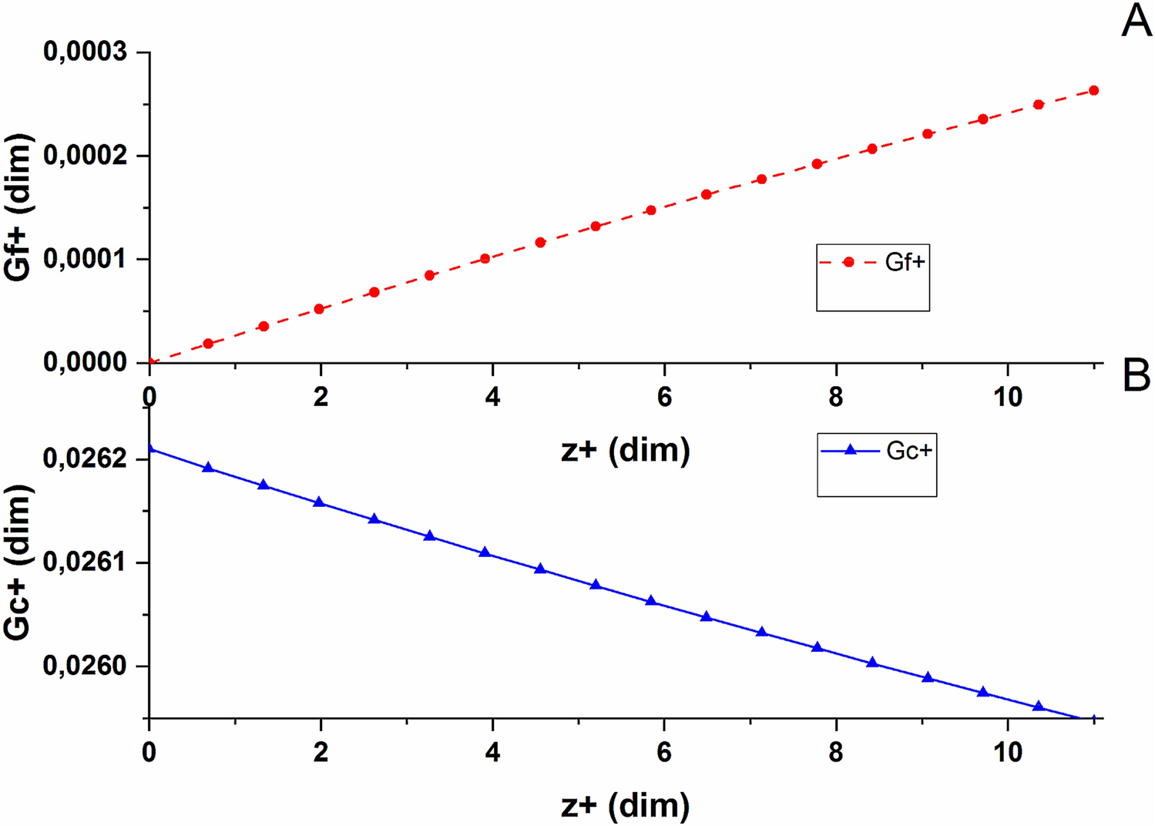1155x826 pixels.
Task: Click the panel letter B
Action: click(x=1136, y=376)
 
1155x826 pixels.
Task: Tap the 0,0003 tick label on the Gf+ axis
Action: click(x=85, y=52)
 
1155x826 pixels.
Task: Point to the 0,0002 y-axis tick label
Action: click(x=85, y=155)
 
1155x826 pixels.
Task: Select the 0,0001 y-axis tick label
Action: click(x=85, y=258)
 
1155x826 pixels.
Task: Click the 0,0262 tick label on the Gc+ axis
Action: click(x=85, y=458)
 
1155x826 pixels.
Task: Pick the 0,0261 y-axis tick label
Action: click(x=85, y=562)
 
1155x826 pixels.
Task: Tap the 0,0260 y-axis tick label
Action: click(x=85, y=666)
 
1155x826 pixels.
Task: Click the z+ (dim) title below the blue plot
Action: click(x=625, y=806)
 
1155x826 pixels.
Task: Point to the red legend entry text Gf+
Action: click(x=905, y=263)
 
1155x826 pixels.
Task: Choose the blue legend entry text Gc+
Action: click(x=909, y=451)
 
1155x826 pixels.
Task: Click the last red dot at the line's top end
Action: click(x=1093, y=91)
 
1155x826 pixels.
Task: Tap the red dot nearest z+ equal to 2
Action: click(x=319, y=309)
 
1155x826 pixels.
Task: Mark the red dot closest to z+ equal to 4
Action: click(x=485, y=258)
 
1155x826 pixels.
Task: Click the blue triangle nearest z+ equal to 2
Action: click(x=319, y=502)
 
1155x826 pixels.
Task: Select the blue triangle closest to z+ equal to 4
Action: click(x=485, y=552)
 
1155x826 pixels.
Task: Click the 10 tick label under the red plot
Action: click(x=1008, y=397)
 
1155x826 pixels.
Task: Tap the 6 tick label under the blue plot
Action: click(x=664, y=752)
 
